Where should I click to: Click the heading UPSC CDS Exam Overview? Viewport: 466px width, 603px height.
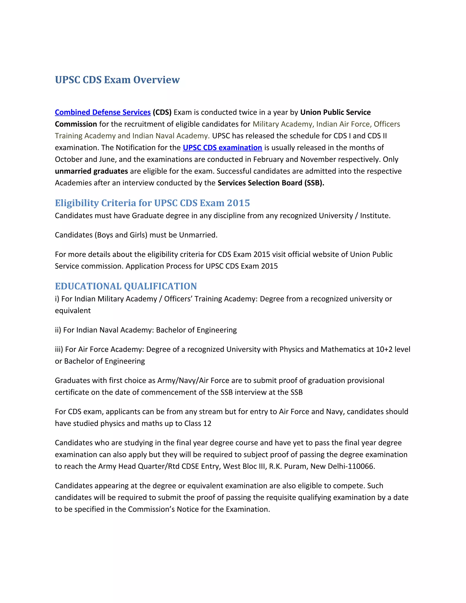(x=117, y=80)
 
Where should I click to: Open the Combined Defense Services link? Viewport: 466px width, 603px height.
(x=103, y=112)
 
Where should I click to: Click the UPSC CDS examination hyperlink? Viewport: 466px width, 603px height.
(x=222, y=148)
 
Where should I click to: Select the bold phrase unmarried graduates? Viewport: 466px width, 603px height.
(x=91, y=171)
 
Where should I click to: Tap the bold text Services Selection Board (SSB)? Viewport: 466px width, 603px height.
(x=271, y=183)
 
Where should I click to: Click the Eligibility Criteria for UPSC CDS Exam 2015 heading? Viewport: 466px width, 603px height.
(x=152, y=203)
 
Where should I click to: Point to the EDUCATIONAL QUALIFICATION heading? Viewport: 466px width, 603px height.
(x=126, y=286)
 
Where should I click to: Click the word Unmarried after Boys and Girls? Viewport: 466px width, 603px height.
(x=198, y=235)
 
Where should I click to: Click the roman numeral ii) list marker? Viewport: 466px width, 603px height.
(x=58, y=330)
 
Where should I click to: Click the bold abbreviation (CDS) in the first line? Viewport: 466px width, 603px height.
(x=162, y=112)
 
